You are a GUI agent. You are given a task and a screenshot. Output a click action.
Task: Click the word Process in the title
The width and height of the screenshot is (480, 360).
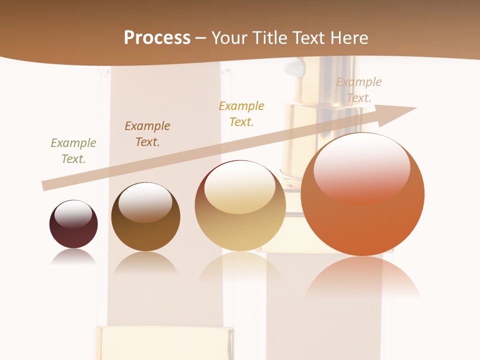(x=157, y=38)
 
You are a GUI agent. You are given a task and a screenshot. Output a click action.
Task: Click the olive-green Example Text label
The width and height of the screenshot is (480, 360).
(x=73, y=151)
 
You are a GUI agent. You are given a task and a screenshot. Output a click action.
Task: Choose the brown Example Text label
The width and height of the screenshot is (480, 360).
(x=147, y=134)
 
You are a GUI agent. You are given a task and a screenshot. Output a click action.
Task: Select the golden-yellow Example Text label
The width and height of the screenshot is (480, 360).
(x=241, y=114)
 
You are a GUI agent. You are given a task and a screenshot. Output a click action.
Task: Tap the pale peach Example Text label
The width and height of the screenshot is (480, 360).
(x=359, y=90)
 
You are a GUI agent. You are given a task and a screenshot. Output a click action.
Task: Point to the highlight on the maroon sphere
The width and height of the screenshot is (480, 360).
(x=73, y=214)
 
